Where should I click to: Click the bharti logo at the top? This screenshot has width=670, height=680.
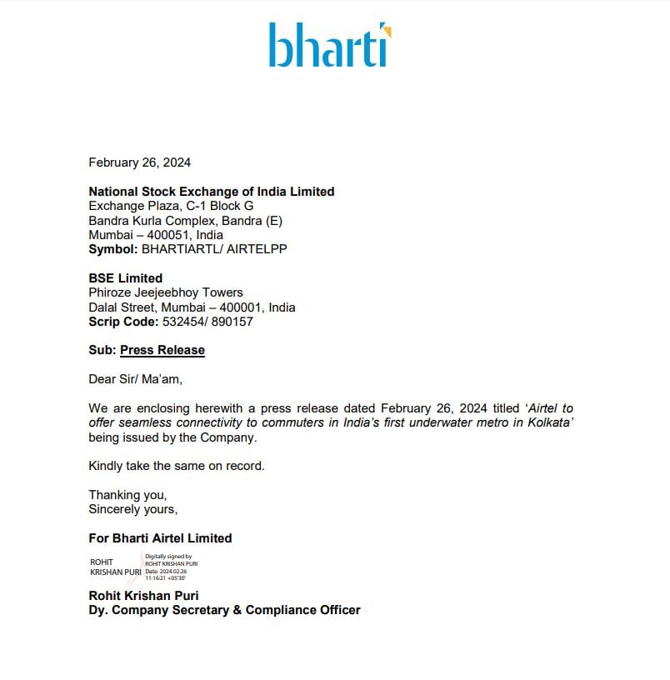point(329,45)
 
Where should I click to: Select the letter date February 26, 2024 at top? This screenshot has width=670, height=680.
point(139,162)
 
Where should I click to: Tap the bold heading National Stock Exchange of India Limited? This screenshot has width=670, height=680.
point(212,192)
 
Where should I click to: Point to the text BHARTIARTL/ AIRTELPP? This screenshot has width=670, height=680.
point(215,249)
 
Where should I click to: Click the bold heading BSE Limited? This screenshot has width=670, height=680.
point(126,278)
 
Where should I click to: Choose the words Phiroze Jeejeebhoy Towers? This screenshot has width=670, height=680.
point(166,292)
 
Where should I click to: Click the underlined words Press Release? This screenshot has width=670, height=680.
point(162,350)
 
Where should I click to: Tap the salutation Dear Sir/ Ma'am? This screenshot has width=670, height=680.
point(135,379)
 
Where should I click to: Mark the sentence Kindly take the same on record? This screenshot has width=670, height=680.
point(177,466)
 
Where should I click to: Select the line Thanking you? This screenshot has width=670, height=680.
point(127,495)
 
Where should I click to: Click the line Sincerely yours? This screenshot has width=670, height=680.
point(133,509)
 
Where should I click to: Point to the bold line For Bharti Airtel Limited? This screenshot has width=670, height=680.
point(160,538)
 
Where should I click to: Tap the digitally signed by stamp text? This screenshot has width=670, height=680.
point(171,567)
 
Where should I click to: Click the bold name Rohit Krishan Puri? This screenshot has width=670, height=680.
point(143,596)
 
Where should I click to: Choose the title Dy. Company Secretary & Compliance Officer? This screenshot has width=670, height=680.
point(225,610)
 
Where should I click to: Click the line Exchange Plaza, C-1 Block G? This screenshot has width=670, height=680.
point(171,206)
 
